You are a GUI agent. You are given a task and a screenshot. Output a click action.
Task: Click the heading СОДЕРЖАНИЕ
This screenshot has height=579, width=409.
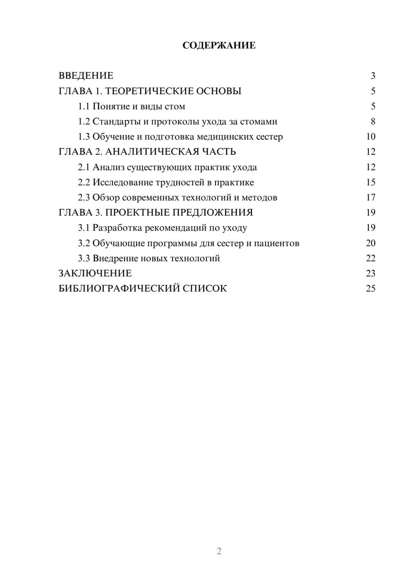[x=219, y=45]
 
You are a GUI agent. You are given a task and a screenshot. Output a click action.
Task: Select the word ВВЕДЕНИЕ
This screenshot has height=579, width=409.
[x=86, y=76]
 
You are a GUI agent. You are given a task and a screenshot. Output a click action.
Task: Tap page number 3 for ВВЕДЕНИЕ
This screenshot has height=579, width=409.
[x=373, y=76]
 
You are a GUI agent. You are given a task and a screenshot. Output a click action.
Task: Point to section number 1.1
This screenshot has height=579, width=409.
[x=84, y=106]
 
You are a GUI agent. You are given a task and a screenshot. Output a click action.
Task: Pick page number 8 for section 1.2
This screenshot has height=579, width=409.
[x=373, y=122]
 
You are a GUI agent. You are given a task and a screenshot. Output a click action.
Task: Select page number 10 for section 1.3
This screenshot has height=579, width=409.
[x=371, y=137]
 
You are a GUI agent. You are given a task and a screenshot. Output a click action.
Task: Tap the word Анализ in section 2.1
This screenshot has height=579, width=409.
[x=108, y=167]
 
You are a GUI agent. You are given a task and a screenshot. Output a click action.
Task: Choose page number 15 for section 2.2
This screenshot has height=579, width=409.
[x=371, y=182]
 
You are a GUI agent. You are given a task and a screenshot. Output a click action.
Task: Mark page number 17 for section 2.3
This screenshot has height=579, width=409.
[x=371, y=197]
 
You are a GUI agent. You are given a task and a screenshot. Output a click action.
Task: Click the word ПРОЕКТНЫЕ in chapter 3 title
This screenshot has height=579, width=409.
[x=141, y=213]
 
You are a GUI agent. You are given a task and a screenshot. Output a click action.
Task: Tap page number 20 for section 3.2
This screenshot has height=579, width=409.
[x=371, y=243]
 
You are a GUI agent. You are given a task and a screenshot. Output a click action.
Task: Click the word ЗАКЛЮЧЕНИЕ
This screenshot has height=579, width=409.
[x=95, y=274]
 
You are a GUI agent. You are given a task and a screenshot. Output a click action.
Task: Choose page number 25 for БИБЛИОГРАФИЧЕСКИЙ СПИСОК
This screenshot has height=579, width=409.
[x=371, y=289]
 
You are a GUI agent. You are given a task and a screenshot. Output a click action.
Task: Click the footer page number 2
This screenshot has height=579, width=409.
[x=219, y=551]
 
